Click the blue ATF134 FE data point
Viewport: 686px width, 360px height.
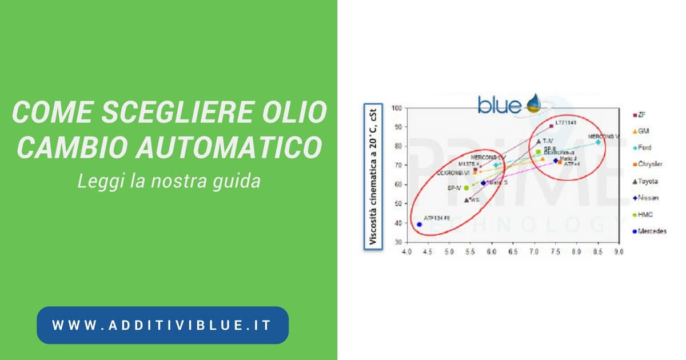[419, 225]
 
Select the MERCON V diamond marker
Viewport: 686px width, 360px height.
[598, 142]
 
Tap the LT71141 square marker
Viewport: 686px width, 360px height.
[551, 126]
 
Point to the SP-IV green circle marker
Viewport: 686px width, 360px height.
[466, 187]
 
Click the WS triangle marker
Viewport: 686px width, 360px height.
[466, 200]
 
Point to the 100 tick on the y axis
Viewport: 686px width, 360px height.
[396, 108]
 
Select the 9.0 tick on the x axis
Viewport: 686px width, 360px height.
[618, 251]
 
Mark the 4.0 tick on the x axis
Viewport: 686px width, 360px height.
[406, 251]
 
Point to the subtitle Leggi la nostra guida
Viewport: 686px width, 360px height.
[169, 181]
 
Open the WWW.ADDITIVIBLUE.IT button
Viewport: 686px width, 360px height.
[162, 325]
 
